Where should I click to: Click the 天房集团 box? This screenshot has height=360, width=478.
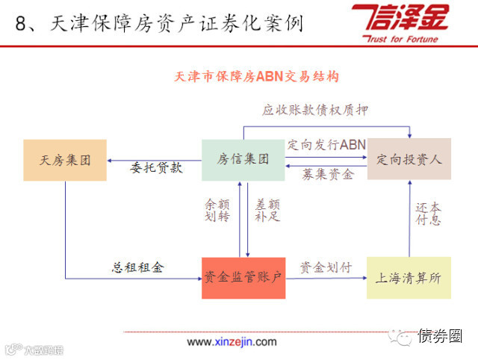coord(65,159)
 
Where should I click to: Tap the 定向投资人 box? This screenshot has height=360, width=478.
coord(409,159)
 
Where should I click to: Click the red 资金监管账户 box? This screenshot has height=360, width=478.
coord(243,278)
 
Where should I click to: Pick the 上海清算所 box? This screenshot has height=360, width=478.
coord(409,278)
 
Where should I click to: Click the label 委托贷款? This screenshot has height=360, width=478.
coord(157,167)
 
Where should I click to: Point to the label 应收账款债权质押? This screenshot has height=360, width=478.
coord(315,110)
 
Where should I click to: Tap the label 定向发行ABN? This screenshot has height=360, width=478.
coord(326,144)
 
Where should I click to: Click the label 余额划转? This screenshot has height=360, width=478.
coord(217,210)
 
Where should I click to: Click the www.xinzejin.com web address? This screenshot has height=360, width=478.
coord(232,342)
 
